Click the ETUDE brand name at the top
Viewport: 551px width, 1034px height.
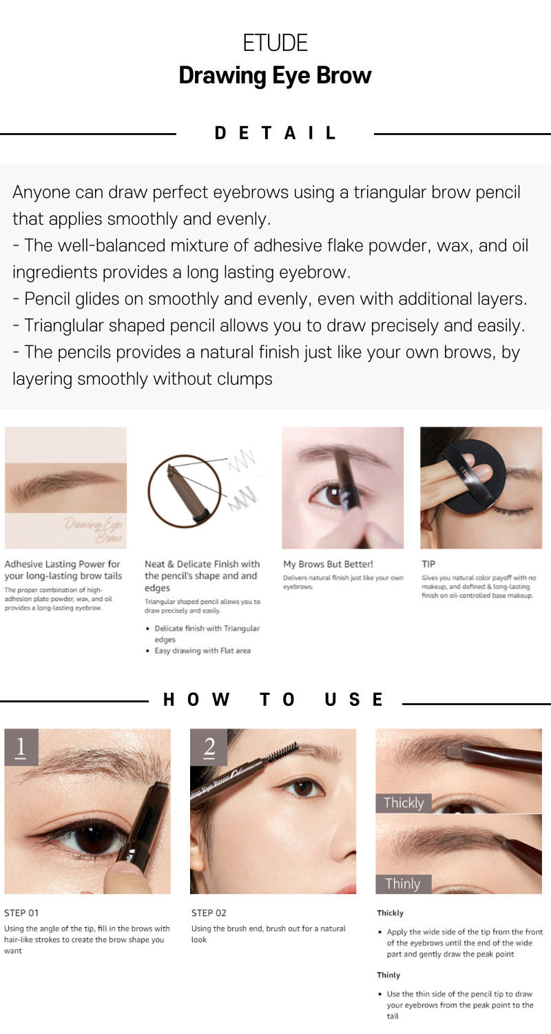point(275,43)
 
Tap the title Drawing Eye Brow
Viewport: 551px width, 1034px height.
point(275,75)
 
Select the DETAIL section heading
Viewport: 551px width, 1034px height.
point(275,133)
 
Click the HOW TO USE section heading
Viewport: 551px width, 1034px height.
point(273,700)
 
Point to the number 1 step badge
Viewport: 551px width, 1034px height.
point(21,747)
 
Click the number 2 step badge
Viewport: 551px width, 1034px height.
point(209,747)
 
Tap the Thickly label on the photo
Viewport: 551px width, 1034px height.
point(404,803)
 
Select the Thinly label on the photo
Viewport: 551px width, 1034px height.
point(404,884)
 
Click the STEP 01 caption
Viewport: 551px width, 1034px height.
point(21,913)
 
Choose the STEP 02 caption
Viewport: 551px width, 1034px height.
point(209,913)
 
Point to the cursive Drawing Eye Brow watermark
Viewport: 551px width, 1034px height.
point(94,530)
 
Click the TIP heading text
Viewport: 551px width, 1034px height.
point(428,564)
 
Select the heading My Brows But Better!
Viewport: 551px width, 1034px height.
point(328,564)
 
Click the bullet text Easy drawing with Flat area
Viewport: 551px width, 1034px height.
point(202,651)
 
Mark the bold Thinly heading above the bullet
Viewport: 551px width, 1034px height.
point(388,975)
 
